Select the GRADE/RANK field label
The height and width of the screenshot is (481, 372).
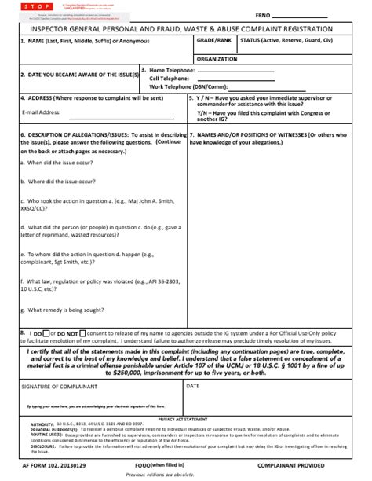214,39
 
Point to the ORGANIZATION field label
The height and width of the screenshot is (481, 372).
217,59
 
